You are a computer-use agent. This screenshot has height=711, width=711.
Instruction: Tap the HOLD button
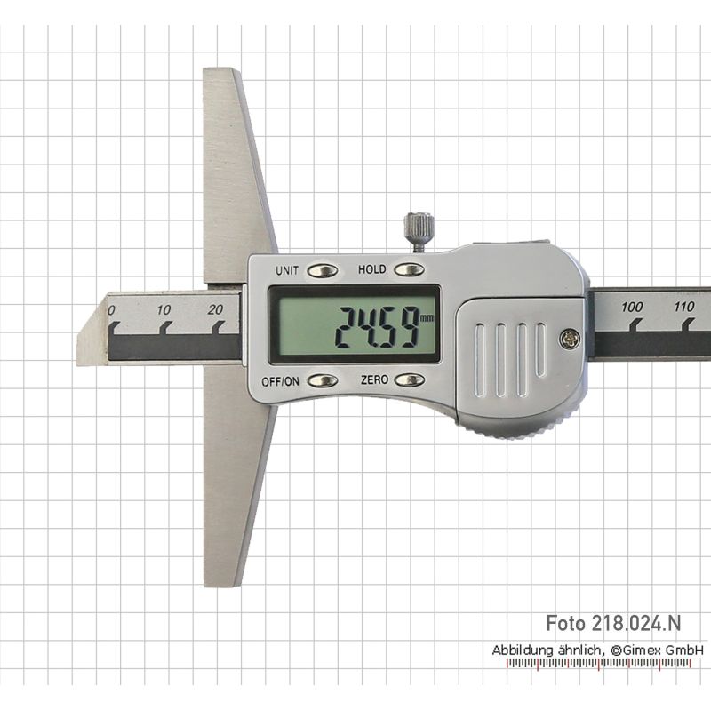(409, 270)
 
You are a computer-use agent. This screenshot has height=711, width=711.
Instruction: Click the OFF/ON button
(323, 381)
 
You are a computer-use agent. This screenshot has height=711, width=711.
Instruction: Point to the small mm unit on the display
(427, 318)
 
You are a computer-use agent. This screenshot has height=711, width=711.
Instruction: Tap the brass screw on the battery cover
(570, 339)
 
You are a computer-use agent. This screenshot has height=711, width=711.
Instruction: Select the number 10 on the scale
(164, 310)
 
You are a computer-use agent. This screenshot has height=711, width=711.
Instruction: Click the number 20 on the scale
(215, 309)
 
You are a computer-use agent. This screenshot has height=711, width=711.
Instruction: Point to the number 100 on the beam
(632, 307)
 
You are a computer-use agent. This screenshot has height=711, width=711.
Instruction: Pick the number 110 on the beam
(683, 307)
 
